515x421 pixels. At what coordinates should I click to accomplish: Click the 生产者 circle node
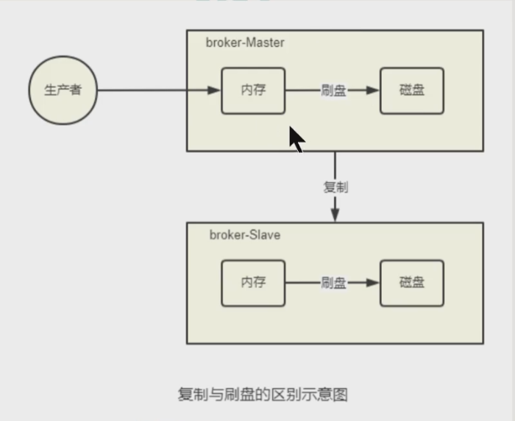[63, 90]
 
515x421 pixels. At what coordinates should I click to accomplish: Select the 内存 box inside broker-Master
[253, 90]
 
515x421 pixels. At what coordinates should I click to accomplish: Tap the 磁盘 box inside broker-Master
[412, 90]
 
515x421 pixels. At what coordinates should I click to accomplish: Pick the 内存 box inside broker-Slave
[253, 283]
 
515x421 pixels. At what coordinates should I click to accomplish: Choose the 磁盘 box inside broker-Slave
[412, 283]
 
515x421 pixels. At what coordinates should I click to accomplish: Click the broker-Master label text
[245, 43]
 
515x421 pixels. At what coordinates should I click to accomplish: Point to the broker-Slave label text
[244, 235]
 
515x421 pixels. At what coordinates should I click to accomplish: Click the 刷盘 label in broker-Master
[333, 90]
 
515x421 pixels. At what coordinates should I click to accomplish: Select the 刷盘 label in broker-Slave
[333, 283]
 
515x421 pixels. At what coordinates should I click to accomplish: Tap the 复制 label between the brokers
[335, 187]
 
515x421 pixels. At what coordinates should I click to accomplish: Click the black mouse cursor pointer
[296, 139]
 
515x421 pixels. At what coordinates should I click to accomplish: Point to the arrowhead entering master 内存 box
[214, 90]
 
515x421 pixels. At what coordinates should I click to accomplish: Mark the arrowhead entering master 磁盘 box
[373, 90]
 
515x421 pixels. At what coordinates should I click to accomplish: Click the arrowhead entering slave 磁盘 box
[373, 283]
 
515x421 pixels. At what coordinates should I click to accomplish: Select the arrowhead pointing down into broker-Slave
[335, 215]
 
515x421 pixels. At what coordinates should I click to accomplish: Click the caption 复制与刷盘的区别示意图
[262, 394]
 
